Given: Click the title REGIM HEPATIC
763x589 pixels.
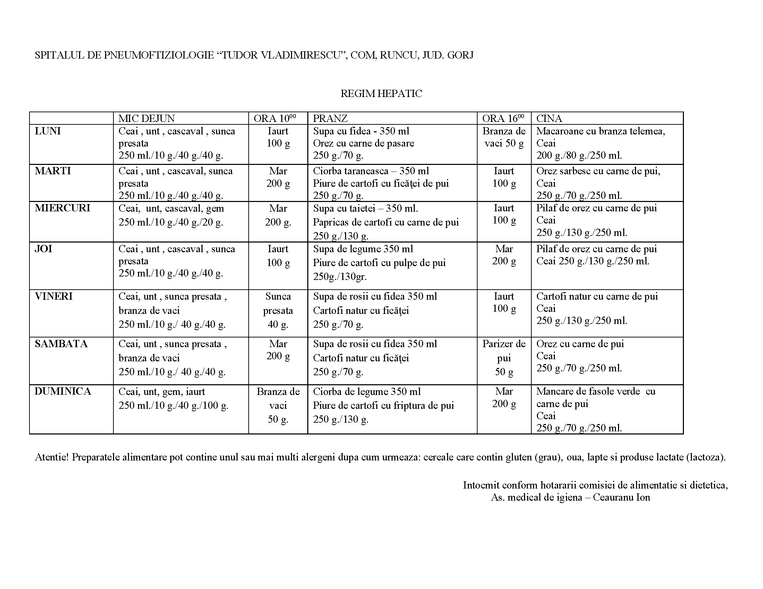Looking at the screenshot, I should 381,94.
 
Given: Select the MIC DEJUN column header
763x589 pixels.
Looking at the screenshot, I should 146,118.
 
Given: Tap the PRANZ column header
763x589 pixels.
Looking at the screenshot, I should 330,118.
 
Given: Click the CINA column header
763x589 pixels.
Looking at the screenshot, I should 549,118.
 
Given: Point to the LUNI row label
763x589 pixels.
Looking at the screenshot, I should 48,131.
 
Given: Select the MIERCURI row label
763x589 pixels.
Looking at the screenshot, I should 62,208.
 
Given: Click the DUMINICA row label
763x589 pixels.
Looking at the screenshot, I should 62,392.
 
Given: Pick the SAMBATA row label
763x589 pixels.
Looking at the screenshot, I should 61,344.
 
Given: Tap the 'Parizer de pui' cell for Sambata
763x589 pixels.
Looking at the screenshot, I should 504,358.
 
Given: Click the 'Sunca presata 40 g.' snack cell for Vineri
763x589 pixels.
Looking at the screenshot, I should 278,310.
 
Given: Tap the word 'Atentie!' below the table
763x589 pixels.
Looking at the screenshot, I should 51,457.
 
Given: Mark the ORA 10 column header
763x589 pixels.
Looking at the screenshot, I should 275,118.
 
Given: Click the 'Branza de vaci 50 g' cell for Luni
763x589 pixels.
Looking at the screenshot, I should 504,137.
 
